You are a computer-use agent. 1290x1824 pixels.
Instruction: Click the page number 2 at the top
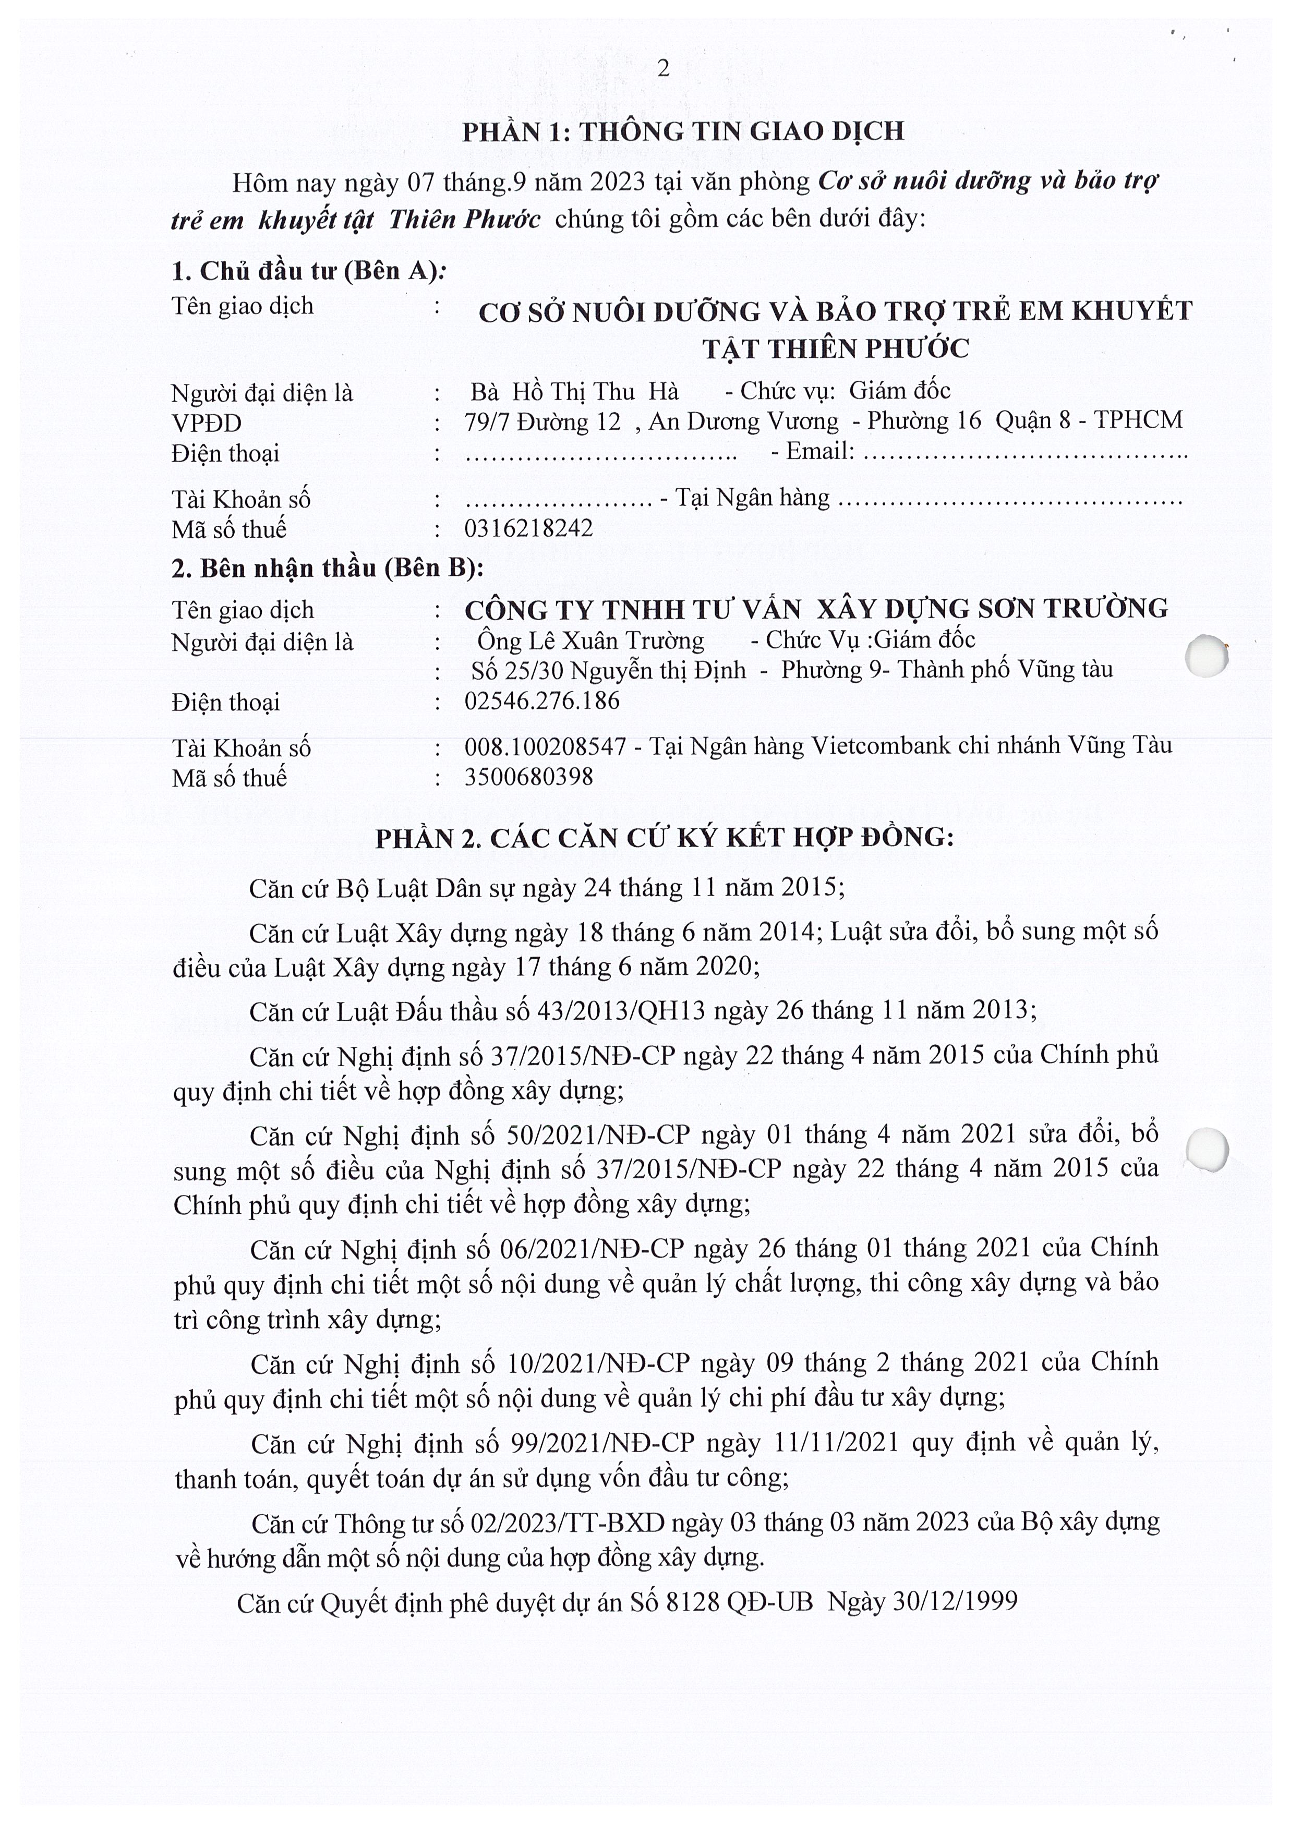coord(664,69)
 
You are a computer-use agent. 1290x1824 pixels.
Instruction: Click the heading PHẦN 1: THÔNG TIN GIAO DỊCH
coord(683,131)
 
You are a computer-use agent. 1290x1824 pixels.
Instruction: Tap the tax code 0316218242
coord(528,528)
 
